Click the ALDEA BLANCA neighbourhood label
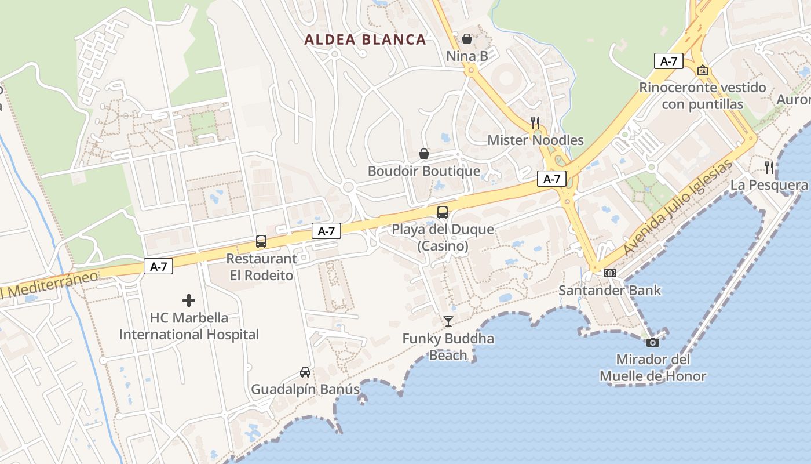coord(365,39)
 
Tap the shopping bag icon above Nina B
coord(466,39)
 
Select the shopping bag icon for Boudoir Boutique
coord(424,154)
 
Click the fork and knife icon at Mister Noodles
coord(535,122)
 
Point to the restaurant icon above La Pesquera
coord(769,168)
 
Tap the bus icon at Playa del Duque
coord(443,212)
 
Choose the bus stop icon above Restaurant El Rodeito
coord(261,241)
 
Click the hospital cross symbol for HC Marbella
coord(189,300)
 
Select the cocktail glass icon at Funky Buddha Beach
coord(448,321)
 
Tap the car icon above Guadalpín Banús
coord(305,372)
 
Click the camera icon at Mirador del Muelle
coord(653,342)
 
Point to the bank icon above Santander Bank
coord(609,273)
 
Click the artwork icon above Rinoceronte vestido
coord(703,70)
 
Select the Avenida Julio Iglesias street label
coord(678,207)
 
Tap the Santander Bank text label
coord(609,290)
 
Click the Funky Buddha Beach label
coord(448,347)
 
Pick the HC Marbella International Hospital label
coord(189,326)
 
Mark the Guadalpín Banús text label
coord(305,389)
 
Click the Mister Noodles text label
coord(535,140)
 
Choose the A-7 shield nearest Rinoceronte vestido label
coord(668,61)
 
